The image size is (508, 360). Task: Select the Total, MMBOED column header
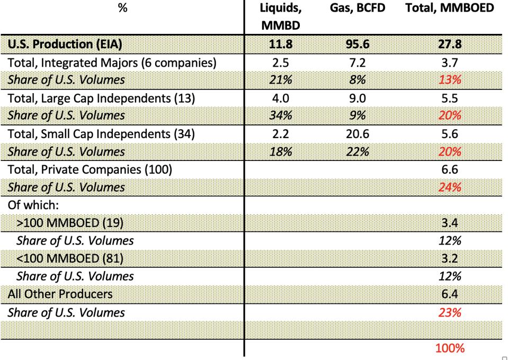click(x=450, y=9)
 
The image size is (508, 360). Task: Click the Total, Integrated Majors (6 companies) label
click(x=112, y=62)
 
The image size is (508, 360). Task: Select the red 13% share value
click(x=450, y=80)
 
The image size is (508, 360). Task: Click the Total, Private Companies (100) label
click(x=90, y=169)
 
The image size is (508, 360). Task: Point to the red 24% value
click(x=450, y=187)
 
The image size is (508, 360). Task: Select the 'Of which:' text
click(x=30, y=205)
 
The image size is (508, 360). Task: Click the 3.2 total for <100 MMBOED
click(x=450, y=258)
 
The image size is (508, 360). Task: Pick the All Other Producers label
click(x=60, y=294)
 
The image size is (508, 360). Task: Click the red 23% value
click(x=450, y=312)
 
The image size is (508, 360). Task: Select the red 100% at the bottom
click(x=450, y=348)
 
